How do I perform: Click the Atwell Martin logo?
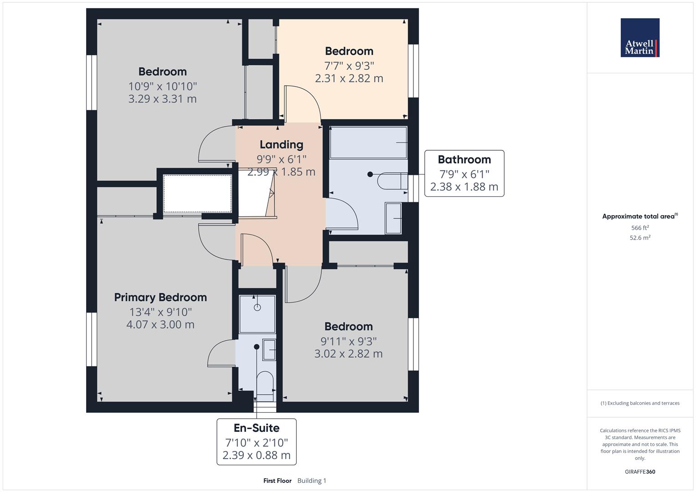[639, 38]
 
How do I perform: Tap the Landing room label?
[281, 144]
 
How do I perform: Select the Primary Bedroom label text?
[160, 297]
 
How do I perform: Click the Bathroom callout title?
[464, 159]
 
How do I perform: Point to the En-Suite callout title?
[256, 428]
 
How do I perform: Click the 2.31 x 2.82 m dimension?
[349, 78]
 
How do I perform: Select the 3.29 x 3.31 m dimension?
[162, 99]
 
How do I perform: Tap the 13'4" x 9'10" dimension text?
[160, 312]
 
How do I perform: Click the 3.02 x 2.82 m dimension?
[348, 354]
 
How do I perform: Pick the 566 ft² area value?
[639, 228]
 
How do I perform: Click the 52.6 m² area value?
[639, 238]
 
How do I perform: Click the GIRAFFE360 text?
[639, 471]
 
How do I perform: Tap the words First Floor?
[277, 481]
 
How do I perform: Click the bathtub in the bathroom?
[368, 143]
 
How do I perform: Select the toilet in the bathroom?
[392, 181]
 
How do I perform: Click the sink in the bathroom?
[393, 218]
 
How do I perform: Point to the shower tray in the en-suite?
[257, 314]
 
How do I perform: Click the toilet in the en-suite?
[265, 382]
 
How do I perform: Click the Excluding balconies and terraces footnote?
[639, 403]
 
